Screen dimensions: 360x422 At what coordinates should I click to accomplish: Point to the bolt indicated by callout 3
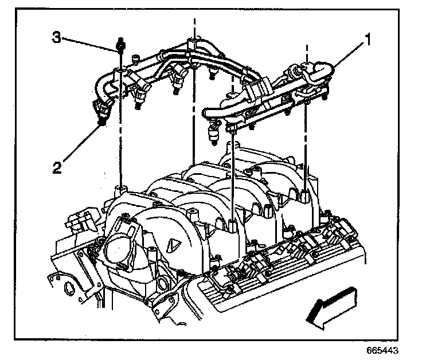click(121, 44)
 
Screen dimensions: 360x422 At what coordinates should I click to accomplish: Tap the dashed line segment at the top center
click(196, 26)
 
